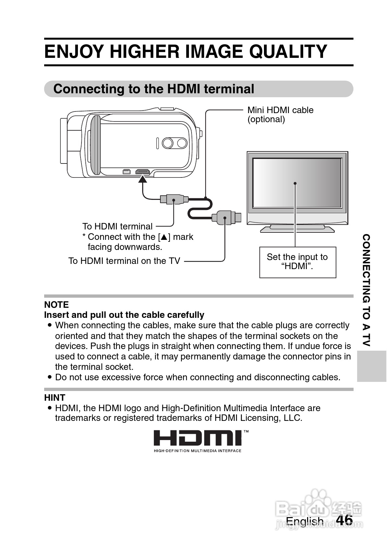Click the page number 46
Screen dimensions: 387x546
pyautogui.click(x=344, y=520)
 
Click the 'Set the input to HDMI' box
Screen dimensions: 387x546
pyautogui.click(x=297, y=262)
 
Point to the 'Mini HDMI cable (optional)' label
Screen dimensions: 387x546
pyautogui.click(x=280, y=115)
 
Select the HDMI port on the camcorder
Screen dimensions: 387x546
pyautogui.click(x=143, y=172)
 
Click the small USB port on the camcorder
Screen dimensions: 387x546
pyautogui.click(x=126, y=172)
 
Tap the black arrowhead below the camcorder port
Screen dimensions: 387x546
pyautogui.click(x=143, y=179)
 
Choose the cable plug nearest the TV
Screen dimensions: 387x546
pyautogui.click(x=226, y=217)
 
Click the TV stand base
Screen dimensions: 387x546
pyautogui.click(x=297, y=229)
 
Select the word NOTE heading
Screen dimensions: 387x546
pyautogui.click(x=56, y=305)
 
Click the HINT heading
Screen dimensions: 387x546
pyautogui.click(x=55, y=398)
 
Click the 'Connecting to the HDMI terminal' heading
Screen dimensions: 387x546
pyautogui.click(x=154, y=89)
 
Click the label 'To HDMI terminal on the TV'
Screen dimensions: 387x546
pyautogui.click(x=124, y=261)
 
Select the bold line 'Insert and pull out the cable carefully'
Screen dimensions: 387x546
pyautogui.click(x=124, y=315)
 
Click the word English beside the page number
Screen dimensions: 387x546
pyautogui.click(x=305, y=521)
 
